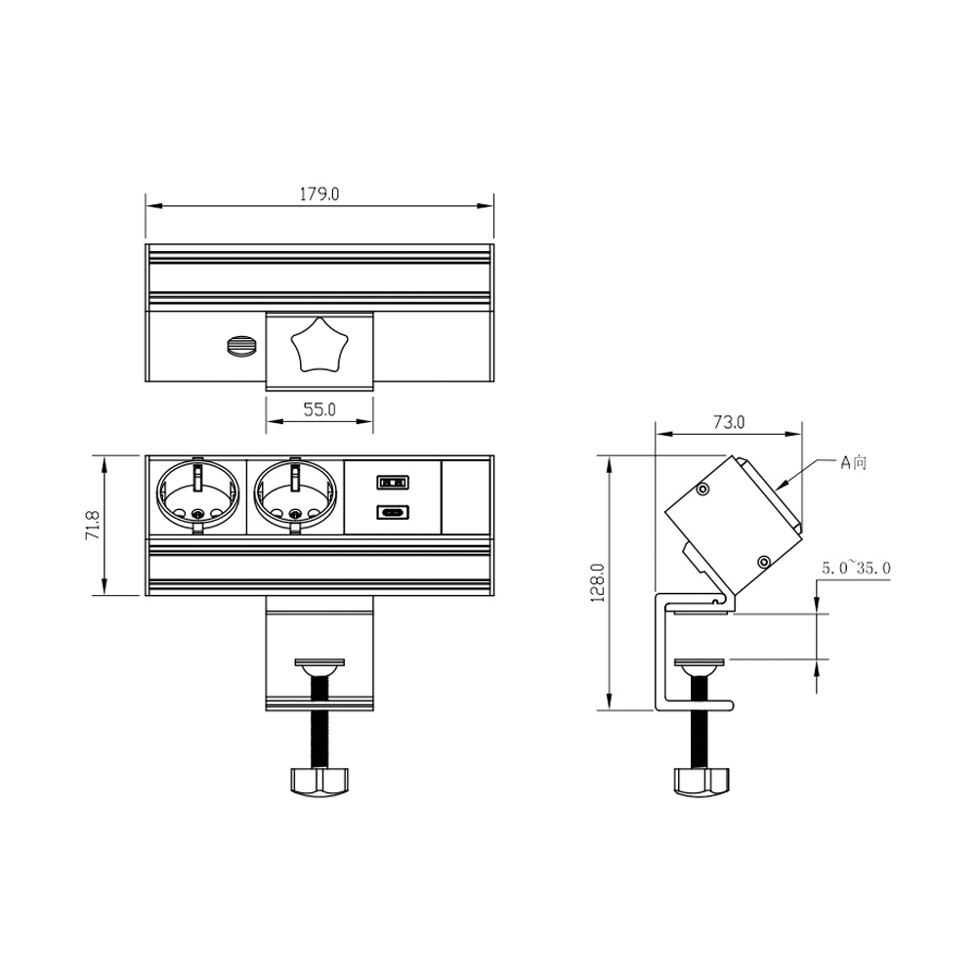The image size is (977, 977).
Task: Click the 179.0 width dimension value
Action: pyautogui.click(x=319, y=194)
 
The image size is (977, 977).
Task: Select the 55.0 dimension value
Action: pyautogui.click(x=319, y=409)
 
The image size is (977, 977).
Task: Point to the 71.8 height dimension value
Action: pyautogui.click(x=93, y=525)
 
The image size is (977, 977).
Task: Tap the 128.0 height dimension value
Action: pyautogui.click(x=598, y=582)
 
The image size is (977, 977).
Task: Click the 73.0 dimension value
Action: pyautogui.click(x=729, y=422)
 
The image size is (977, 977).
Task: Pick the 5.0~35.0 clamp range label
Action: pyautogui.click(x=856, y=569)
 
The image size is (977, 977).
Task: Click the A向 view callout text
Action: pyautogui.click(x=854, y=462)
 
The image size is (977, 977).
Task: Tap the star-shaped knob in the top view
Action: pyautogui.click(x=319, y=344)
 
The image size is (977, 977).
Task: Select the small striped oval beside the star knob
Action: pyautogui.click(x=241, y=347)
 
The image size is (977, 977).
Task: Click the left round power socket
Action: pyautogui.click(x=197, y=496)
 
